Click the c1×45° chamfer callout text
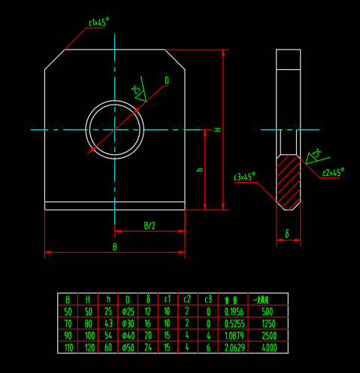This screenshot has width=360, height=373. click(x=98, y=23)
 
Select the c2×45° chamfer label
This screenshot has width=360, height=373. click(x=332, y=172)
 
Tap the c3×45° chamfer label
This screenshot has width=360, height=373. click(x=244, y=177)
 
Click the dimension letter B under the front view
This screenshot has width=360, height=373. click(x=115, y=247)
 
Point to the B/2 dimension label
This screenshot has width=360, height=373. click(x=150, y=226)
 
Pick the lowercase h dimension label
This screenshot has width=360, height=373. click(x=200, y=170)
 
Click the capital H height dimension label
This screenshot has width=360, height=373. click(x=218, y=129)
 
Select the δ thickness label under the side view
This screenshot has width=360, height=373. click(x=286, y=235)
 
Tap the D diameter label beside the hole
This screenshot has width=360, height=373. click(x=166, y=80)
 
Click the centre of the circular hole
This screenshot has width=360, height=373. click(x=114, y=129)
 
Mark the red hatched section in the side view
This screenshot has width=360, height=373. click(x=288, y=180)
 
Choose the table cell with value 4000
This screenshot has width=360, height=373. click(x=268, y=347)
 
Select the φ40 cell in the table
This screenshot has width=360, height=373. click(x=129, y=335)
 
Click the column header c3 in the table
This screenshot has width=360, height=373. click(x=208, y=299)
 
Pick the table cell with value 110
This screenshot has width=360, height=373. click(x=68, y=347)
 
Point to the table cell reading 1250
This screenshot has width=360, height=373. click(x=268, y=323)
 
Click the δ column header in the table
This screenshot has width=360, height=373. click(x=148, y=299)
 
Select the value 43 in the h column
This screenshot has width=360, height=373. click(x=108, y=323)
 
